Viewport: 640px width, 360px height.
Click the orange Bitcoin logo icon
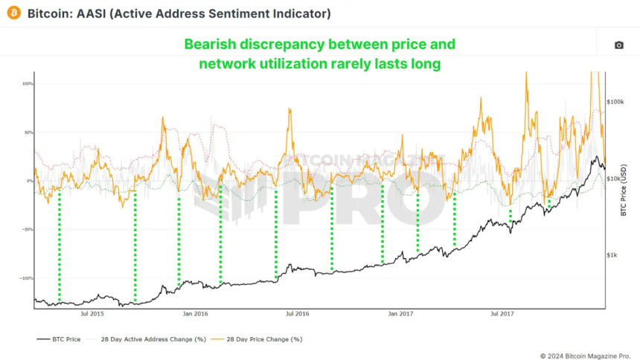[x=13, y=13]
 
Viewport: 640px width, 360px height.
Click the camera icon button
[x=618, y=45]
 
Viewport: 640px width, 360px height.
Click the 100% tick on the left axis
[x=28, y=83]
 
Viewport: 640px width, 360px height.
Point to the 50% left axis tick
[x=28, y=132]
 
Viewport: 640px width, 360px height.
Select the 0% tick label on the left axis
[x=30, y=181]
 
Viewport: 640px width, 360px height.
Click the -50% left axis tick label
[x=28, y=230]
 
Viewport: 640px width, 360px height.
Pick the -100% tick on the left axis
[x=27, y=278]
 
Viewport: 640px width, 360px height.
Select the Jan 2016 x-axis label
[x=195, y=314]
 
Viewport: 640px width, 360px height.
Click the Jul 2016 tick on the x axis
[x=298, y=314]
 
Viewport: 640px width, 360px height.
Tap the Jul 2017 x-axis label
[x=504, y=314]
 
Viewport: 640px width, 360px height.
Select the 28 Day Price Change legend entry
[x=264, y=339]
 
